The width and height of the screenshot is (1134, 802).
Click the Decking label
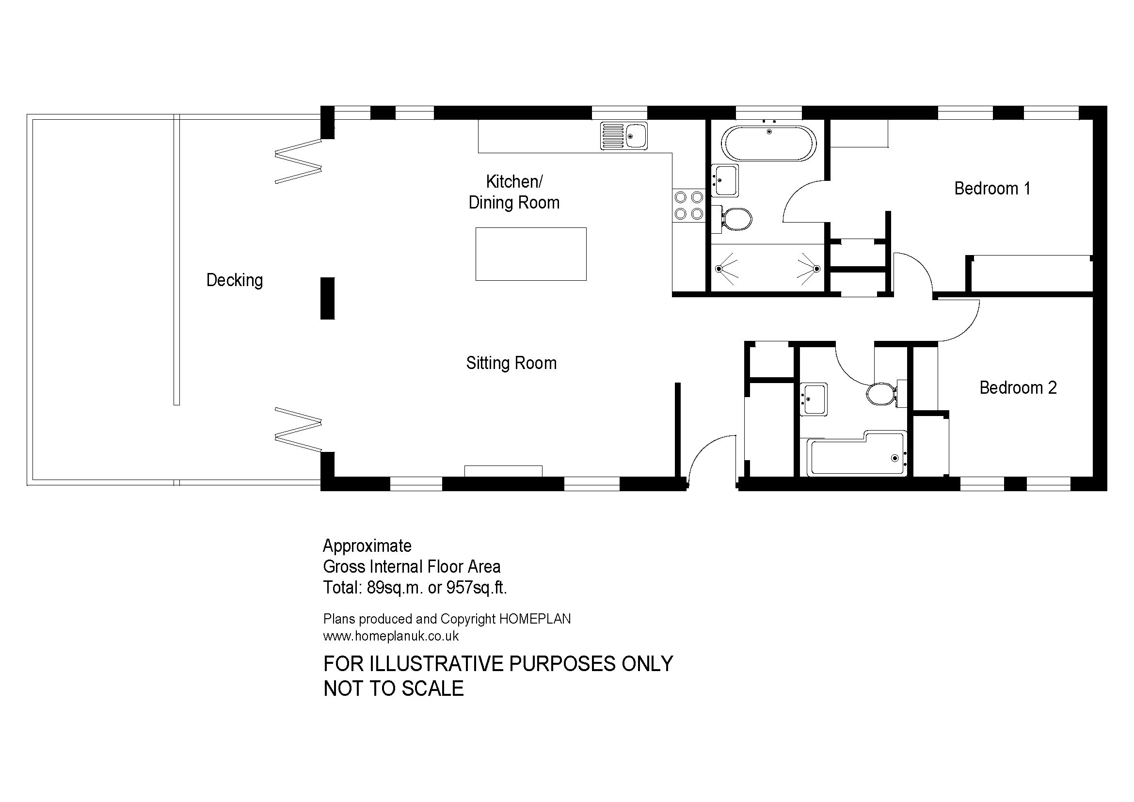(235, 280)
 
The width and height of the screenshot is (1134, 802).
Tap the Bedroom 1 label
(992, 188)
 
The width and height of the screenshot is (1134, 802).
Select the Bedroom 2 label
(1018, 388)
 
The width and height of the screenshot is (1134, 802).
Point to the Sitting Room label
(511, 363)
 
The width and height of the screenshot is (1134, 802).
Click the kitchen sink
(624, 136)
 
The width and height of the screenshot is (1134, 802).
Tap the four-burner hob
(688, 206)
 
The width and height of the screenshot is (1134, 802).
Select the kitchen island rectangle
(531, 254)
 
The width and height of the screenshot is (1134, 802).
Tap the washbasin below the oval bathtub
(725, 180)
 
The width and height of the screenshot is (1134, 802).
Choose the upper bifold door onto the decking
(298, 161)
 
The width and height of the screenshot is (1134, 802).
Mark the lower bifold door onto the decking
(298, 429)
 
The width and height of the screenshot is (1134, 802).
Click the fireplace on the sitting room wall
(503, 471)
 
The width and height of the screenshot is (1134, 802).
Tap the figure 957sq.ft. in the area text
(477, 588)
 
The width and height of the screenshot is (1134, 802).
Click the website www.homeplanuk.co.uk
(391, 636)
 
